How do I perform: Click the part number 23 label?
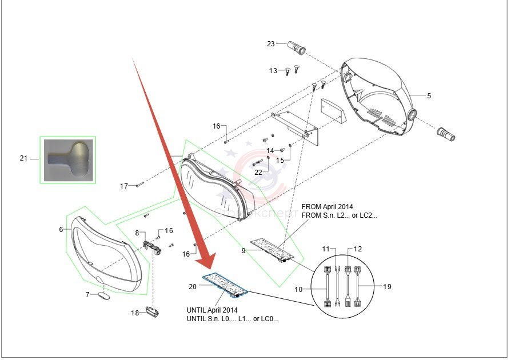[x=271, y=44]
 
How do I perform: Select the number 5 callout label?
[x=429, y=95]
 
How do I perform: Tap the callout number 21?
[x=23, y=158]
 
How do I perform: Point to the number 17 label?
[x=124, y=186]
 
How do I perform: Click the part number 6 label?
[x=61, y=229]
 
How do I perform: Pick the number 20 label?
[x=193, y=286]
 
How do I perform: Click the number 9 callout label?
[x=244, y=250]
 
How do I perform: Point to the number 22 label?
[x=258, y=172]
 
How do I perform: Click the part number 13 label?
[x=273, y=71]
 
